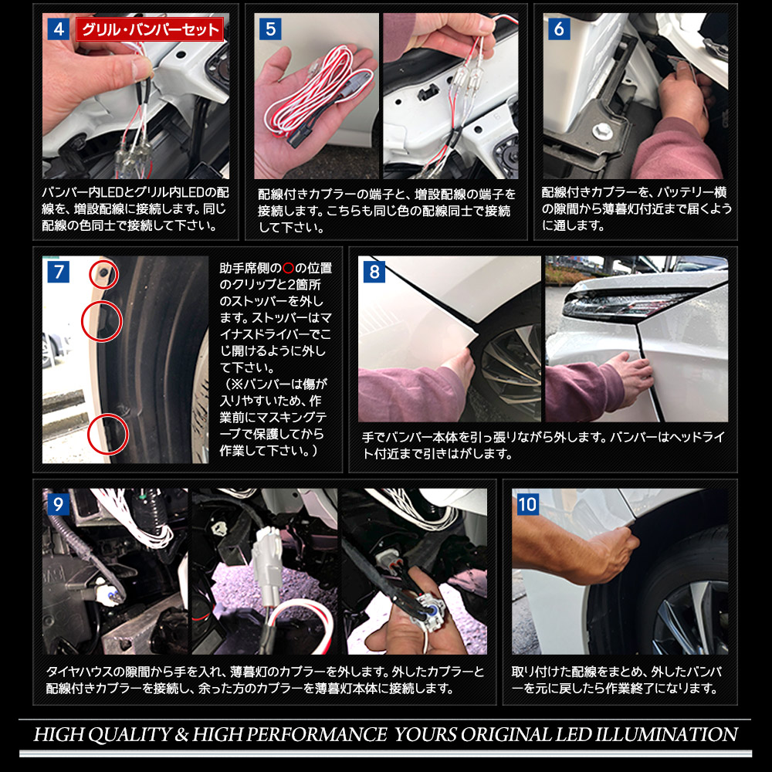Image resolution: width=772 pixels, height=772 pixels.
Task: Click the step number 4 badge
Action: click(59, 29)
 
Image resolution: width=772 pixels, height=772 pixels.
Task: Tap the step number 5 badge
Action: click(271, 29)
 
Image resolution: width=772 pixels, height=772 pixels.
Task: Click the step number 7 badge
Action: click(59, 272)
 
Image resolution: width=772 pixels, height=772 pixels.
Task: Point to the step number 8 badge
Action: click(374, 272)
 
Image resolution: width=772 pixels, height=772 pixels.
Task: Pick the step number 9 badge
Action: click(59, 504)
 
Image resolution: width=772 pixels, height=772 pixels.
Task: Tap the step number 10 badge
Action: click(528, 504)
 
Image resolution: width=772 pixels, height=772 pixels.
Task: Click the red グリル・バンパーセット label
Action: click(150, 30)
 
